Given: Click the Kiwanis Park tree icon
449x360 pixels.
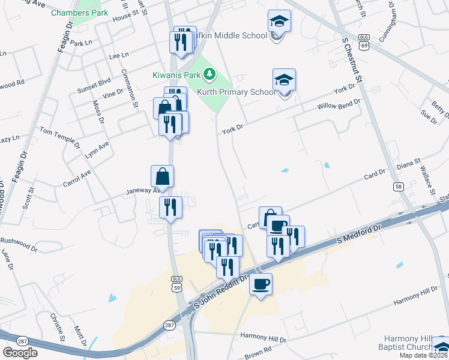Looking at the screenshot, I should (x=209, y=75).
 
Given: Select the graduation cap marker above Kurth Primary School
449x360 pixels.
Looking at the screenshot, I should (x=284, y=80).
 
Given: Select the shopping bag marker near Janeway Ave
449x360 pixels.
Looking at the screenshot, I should (x=162, y=176).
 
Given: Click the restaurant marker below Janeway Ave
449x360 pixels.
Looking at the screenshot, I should (x=170, y=208).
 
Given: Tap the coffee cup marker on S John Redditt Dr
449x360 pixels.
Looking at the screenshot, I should (x=261, y=284).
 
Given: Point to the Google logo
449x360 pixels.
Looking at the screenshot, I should (x=20, y=352).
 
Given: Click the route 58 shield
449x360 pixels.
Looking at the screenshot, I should (x=399, y=187).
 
